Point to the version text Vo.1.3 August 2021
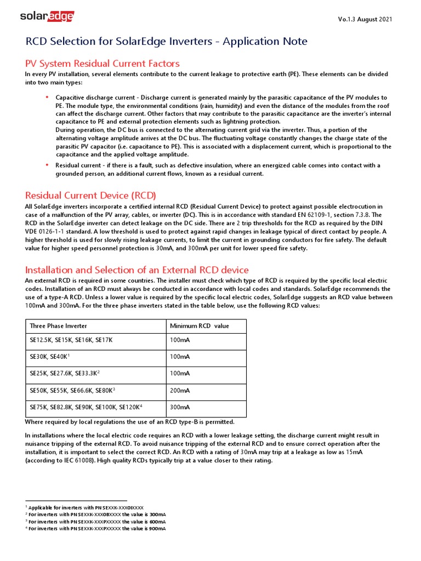tap(365, 20)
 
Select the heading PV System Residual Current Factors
tap(103, 64)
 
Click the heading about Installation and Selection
tap(137, 270)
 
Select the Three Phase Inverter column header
tap(56, 326)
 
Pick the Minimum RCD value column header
tap(200, 326)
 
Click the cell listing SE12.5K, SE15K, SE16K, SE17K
tap(71, 340)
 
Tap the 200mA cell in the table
tap(180, 391)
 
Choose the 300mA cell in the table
tap(180, 408)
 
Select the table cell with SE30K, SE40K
tap(50, 357)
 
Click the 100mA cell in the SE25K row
tap(180, 374)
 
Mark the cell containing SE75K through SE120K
tap(86, 408)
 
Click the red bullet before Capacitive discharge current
tap(47, 97)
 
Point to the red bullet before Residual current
tap(47, 165)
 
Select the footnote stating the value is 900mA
tap(96, 529)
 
